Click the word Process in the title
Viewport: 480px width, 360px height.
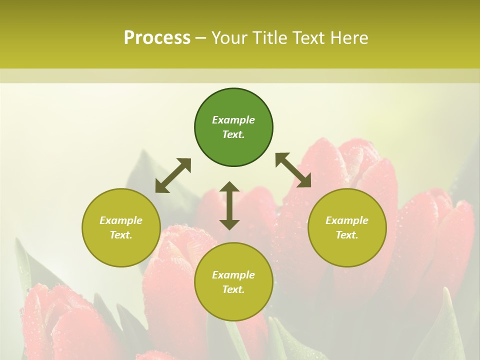157,38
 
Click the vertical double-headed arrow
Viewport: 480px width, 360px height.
229,205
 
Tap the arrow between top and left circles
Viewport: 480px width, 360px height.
173,175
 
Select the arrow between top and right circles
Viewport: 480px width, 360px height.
293,170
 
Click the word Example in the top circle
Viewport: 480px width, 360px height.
233,120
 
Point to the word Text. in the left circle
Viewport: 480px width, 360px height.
121,235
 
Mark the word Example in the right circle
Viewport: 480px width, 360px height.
347,220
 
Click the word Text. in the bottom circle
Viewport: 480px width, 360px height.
233,289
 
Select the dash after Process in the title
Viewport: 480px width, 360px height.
201,38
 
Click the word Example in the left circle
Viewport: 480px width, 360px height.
121,220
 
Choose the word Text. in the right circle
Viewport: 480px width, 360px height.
347,235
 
